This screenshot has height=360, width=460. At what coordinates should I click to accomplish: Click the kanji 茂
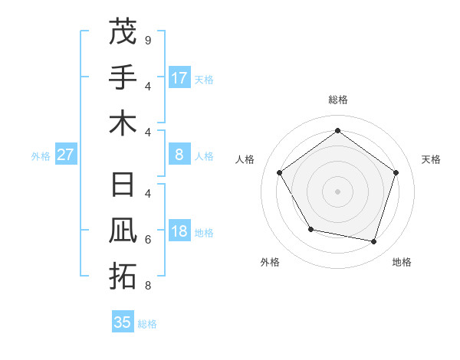[123, 32]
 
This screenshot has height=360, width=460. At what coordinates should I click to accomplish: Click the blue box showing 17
[179, 78]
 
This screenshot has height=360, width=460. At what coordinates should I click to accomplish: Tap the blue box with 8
[179, 155]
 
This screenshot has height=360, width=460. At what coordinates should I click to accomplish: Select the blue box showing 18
[179, 232]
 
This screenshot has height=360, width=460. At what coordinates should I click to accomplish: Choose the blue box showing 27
[66, 155]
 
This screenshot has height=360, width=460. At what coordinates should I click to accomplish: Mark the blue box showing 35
[123, 322]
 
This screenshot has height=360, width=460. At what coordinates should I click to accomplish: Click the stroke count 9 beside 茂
[147, 40]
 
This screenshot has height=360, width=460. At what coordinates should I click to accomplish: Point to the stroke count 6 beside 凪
[147, 240]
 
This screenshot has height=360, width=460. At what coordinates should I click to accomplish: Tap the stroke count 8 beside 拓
[147, 286]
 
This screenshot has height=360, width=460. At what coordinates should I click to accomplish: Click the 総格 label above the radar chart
[337, 100]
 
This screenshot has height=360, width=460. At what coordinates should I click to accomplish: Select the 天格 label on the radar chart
[431, 159]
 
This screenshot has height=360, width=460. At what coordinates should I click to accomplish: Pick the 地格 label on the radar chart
[402, 262]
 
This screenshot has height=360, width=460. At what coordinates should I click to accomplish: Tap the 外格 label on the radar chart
[270, 262]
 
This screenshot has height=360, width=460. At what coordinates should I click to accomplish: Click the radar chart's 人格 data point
[280, 172]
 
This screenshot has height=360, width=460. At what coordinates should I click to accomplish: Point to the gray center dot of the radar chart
[337, 191]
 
